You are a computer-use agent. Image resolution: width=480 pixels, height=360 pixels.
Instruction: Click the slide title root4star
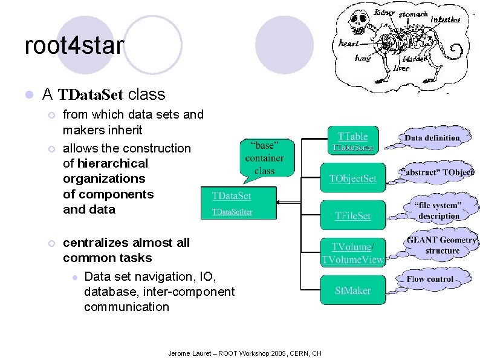point(74,46)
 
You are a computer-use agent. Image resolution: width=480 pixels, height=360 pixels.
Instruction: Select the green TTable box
point(352,141)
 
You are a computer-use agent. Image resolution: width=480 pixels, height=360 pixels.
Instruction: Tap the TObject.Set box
point(352,178)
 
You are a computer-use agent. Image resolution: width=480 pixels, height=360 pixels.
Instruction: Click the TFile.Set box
point(352,215)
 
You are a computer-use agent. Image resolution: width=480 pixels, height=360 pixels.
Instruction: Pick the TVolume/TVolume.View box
point(352,253)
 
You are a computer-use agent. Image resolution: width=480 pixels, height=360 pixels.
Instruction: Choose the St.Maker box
point(352,290)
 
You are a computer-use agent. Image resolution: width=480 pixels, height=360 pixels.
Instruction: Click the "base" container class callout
point(264,159)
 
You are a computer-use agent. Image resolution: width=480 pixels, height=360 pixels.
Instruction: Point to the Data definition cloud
point(432,138)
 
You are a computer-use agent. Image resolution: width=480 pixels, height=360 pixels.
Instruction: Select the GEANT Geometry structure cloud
point(442,245)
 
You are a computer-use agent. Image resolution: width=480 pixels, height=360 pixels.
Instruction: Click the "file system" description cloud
point(438,211)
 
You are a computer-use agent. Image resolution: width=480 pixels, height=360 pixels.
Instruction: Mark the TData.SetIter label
point(232,212)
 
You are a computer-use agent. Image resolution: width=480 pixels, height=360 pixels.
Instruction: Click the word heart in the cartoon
point(348,44)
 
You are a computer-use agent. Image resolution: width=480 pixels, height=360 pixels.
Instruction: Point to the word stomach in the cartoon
point(414,13)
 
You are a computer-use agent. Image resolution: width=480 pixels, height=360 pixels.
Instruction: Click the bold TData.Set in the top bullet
point(90,95)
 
